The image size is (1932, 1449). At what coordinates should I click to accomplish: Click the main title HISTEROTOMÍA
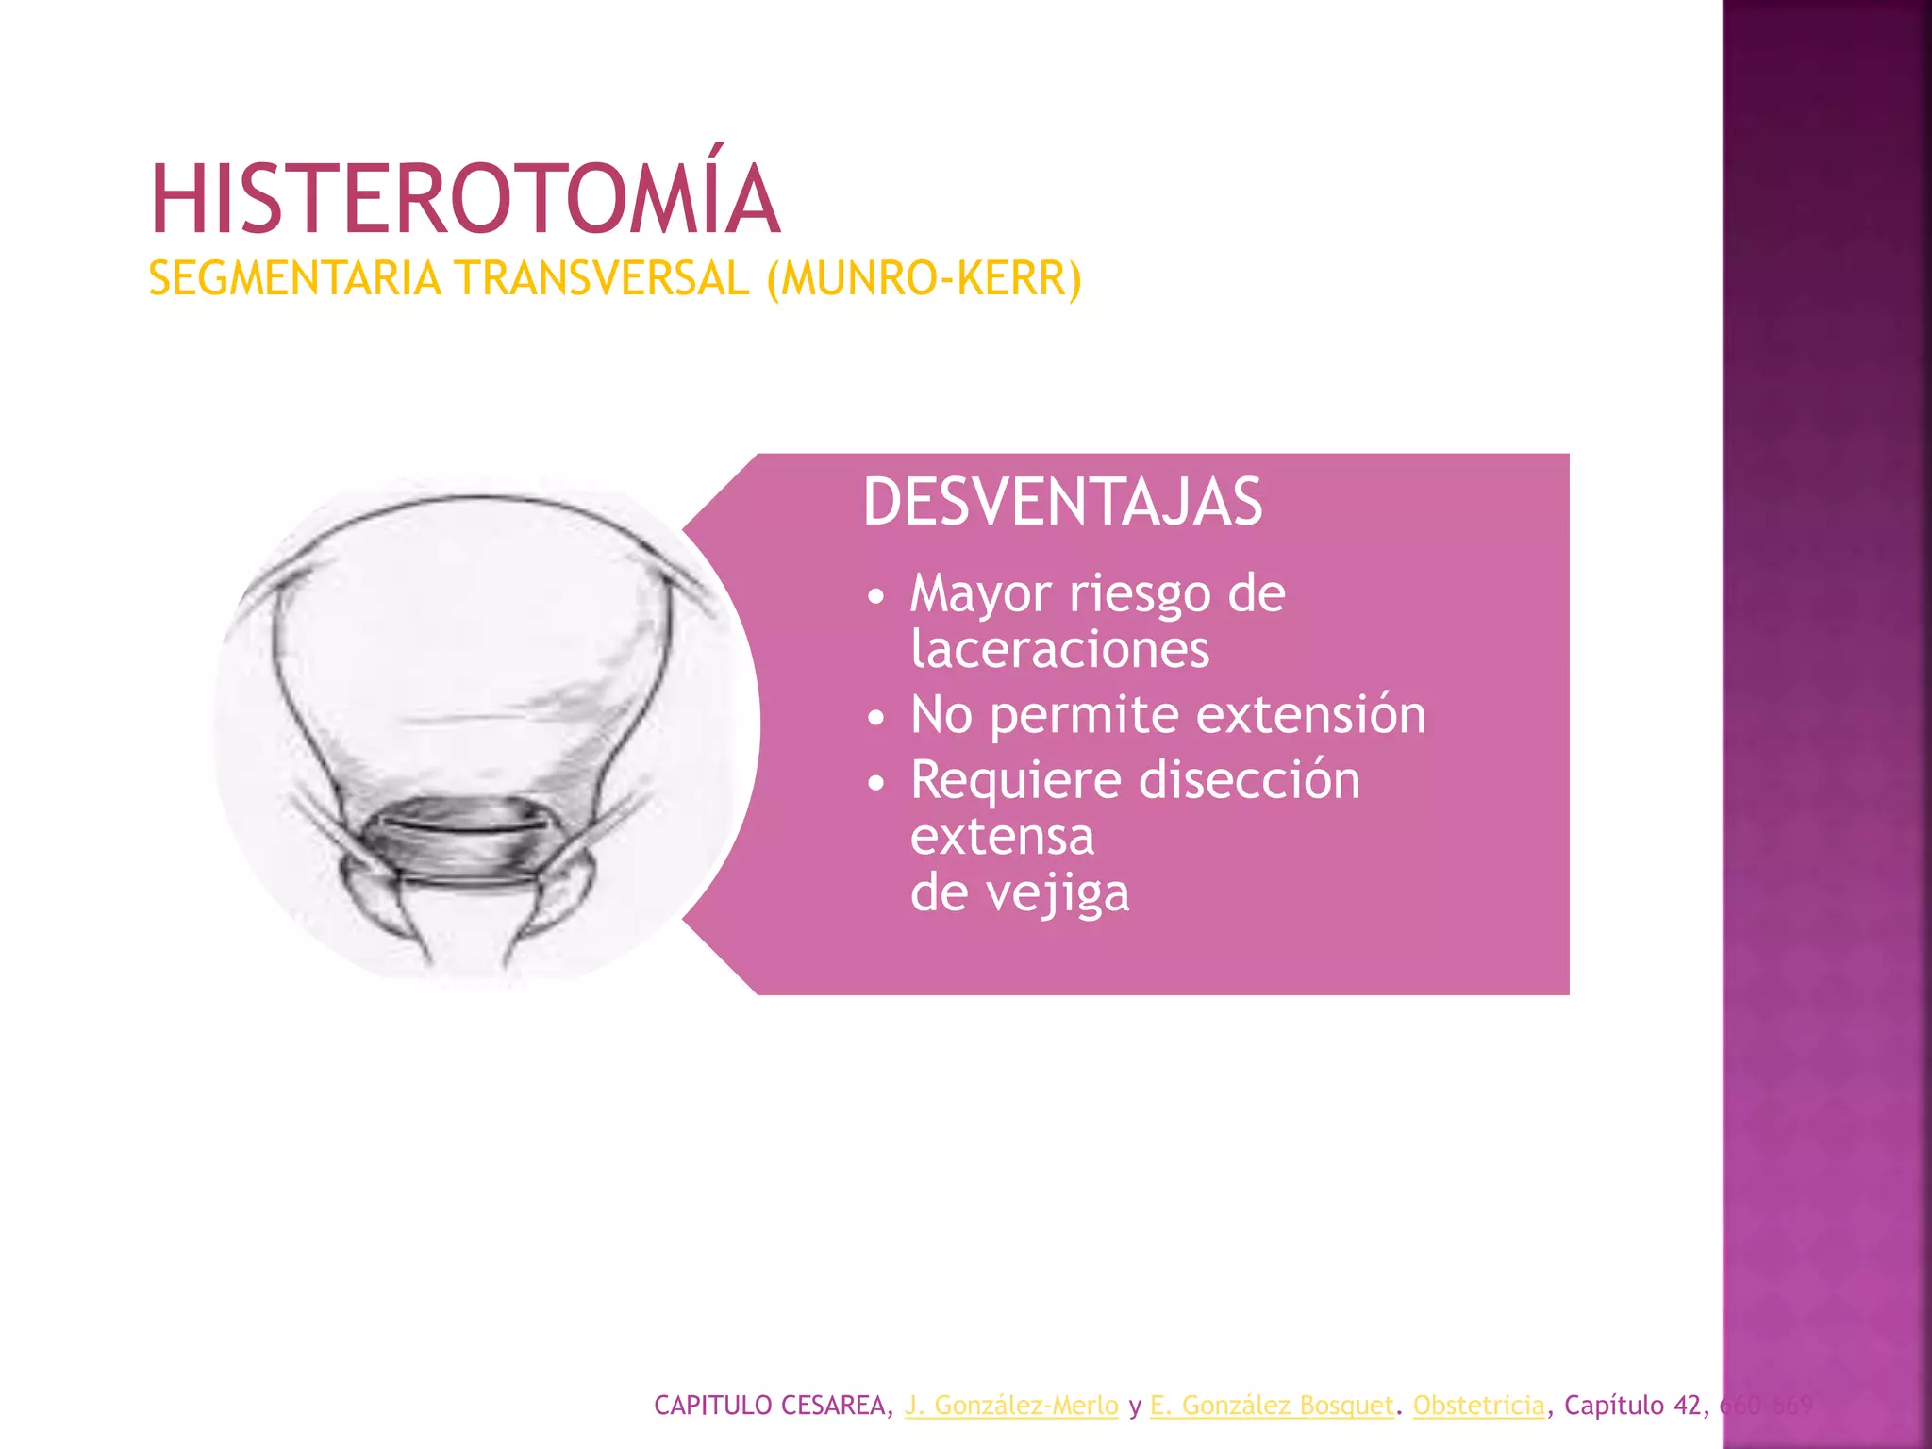click(x=465, y=199)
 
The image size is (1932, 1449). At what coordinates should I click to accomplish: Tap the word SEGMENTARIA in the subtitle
click(x=294, y=279)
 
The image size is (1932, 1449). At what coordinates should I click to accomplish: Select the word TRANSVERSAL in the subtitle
click(x=602, y=279)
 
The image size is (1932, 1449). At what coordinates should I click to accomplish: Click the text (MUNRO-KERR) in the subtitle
click(x=924, y=279)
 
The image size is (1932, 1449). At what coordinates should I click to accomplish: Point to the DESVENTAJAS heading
click(x=1062, y=502)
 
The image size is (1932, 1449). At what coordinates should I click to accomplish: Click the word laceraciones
click(x=1059, y=650)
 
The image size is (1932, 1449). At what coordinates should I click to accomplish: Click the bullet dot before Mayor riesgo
click(x=876, y=597)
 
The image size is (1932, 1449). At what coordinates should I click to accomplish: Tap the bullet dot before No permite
click(x=876, y=718)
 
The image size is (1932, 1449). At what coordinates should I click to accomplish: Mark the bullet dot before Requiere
click(x=876, y=783)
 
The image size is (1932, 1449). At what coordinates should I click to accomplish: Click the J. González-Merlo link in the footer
click(x=1011, y=1406)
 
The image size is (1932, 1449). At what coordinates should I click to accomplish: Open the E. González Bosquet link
click(x=1272, y=1406)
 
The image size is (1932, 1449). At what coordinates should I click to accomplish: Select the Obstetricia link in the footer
click(x=1479, y=1406)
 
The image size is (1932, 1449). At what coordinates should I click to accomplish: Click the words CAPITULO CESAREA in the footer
click(x=770, y=1406)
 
